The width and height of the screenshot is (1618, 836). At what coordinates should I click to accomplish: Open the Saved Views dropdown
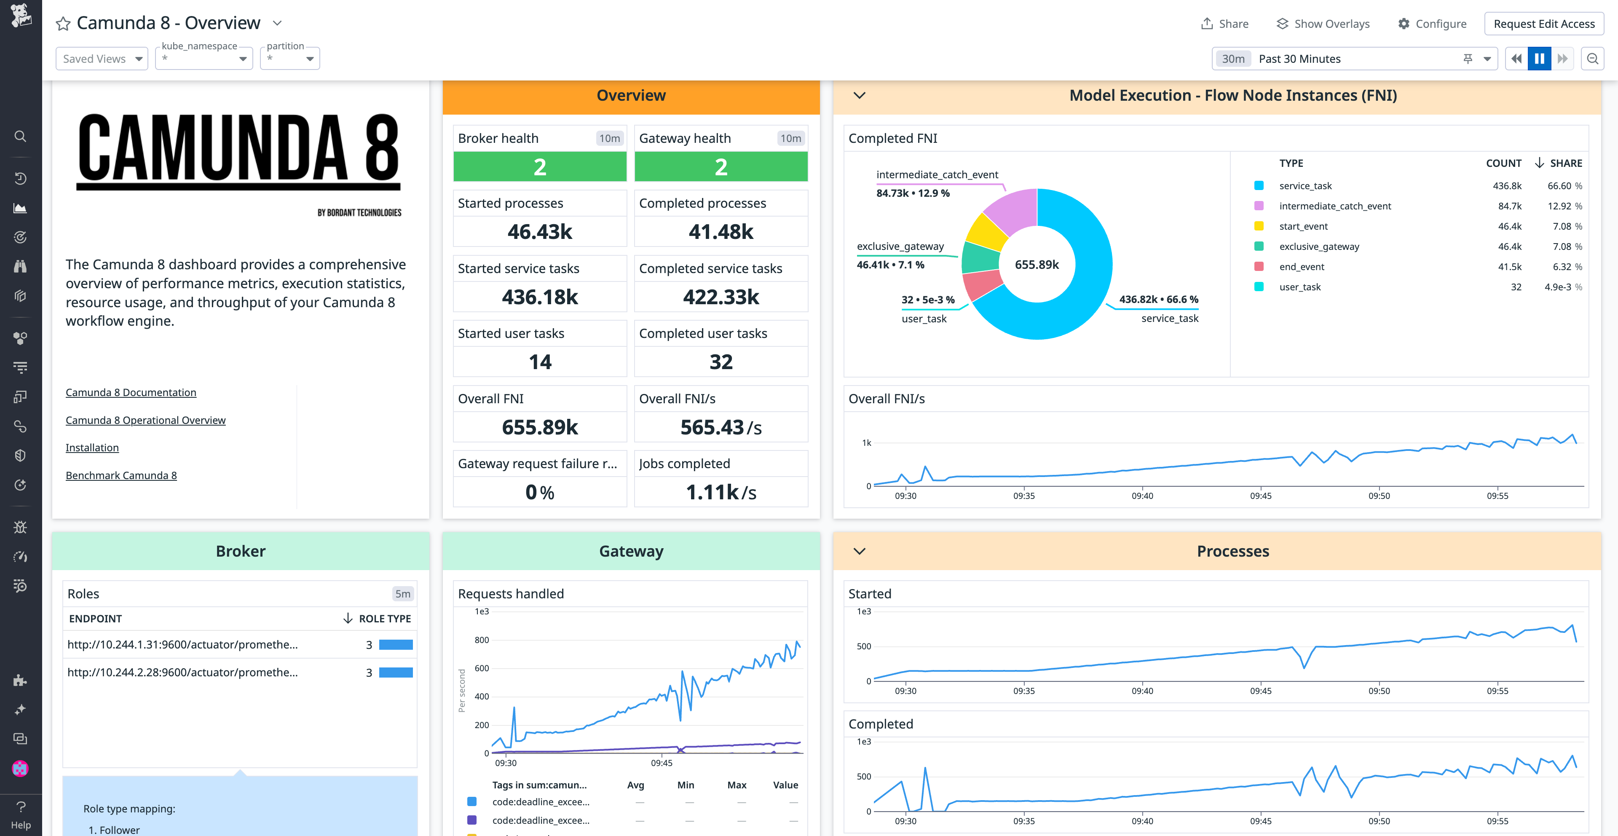[102, 59]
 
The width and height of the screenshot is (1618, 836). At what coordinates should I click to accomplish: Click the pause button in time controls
[1539, 59]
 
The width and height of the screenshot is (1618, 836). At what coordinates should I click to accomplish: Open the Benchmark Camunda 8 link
[121, 475]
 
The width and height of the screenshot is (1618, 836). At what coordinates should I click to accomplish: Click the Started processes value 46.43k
[539, 232]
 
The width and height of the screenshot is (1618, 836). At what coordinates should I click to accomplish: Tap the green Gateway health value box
[721, 167]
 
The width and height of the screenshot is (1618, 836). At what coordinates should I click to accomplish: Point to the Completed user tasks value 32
[721, 362]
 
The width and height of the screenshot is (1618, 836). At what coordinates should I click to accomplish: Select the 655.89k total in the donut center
[1037, 265]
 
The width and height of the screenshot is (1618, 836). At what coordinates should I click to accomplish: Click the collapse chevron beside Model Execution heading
[859, 96]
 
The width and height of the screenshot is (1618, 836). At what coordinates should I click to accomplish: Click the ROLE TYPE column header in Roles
[384, 619]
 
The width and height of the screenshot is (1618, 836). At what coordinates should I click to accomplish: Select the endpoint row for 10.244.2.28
[182, 672]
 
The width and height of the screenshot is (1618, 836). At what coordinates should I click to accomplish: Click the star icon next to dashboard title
[63, 24]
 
